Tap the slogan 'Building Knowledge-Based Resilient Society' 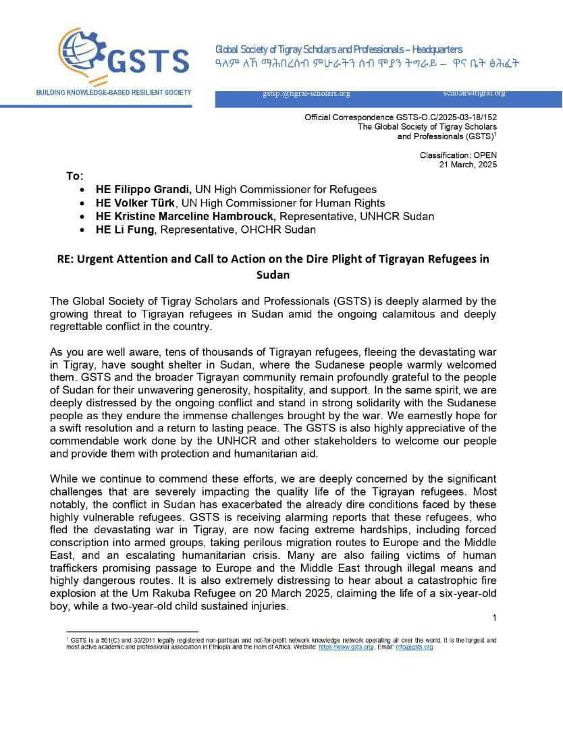tap(113, 92)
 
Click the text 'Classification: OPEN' tap(458, 155)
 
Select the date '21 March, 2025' tap(468, 164)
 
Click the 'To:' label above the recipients tap(74, 176)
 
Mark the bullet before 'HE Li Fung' tap(82, 230)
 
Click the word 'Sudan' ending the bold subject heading tap(272, 275)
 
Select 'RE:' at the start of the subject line tap(65, 259)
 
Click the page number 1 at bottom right tap(494, 618)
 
